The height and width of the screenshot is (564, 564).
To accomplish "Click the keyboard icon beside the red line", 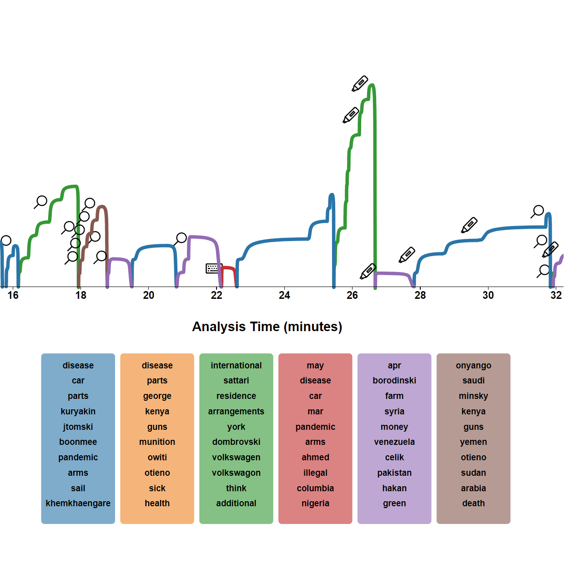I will coord(212,268).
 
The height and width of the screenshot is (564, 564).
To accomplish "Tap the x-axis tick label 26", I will coord(352,295).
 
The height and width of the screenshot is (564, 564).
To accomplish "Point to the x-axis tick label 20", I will coord(149,295).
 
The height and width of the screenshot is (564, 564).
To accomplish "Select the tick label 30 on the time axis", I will coord(488,295).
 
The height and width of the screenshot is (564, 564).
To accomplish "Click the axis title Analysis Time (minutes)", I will coord(267,327).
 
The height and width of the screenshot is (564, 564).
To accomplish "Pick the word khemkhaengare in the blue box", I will coord(78,503).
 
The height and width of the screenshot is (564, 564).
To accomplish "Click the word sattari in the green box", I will coord(236,380).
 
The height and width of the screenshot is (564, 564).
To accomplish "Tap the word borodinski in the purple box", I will coord(394,380).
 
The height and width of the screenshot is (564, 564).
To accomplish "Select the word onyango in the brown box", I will coord(473,365).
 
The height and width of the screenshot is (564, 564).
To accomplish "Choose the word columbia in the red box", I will coord(315,488).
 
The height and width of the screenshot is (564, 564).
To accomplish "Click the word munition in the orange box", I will coord(157,442).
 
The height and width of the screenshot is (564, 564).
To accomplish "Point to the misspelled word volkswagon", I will coord(236,473).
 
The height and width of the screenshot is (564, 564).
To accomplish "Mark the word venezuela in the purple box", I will coord(394,442).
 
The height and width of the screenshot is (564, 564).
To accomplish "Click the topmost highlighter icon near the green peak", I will coord(360,84).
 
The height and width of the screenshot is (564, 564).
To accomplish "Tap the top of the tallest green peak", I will coord(372,85).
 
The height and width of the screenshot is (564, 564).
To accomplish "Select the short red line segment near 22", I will coord(228,268).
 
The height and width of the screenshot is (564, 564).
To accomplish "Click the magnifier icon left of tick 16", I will coord(5,241).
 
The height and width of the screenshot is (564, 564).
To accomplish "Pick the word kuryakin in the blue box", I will coord(78,411).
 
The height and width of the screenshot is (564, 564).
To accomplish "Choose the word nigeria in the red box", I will coord(315,503).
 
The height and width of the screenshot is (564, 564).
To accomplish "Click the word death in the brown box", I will coord(473,503).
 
